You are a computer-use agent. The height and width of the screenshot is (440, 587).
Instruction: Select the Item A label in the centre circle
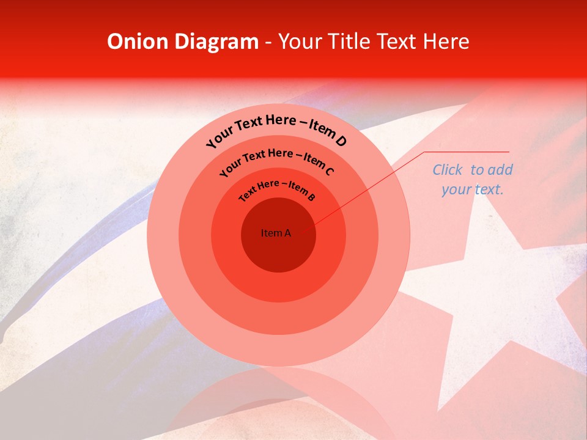pos(276,233)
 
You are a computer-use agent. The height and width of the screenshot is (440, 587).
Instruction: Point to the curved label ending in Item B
pos(277,189)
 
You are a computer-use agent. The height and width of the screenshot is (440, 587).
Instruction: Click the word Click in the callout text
pos(449,170)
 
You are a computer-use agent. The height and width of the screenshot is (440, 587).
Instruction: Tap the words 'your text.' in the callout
pos(472,189)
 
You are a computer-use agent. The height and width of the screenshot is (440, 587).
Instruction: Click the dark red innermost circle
pos(278,248)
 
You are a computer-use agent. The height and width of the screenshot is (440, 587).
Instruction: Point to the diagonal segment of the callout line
pos(367,190)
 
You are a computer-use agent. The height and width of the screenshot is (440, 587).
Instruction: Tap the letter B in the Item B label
pos(311,197)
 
